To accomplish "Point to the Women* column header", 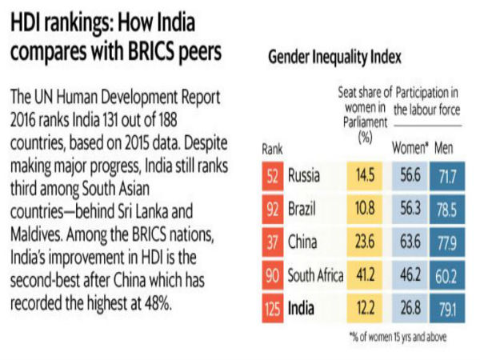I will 409,148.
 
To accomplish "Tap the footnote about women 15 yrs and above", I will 398,336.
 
